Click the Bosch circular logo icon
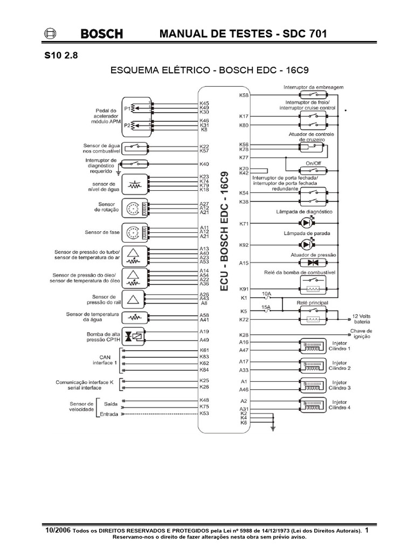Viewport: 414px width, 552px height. (49, 34)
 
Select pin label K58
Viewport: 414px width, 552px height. (243, 95)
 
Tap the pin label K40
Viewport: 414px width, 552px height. (204, 163)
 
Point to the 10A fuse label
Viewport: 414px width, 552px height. (266, 293)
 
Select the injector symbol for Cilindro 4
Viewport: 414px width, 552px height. (311, 404)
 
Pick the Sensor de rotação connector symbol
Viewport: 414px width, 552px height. (133, 208)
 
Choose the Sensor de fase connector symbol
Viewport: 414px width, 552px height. (133, 232)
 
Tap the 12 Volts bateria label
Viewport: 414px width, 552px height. (362, 318)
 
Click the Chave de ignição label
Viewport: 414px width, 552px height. (361, 333)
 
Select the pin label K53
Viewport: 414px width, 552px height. (204, 413)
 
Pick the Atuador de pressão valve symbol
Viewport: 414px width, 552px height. (312, 263)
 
